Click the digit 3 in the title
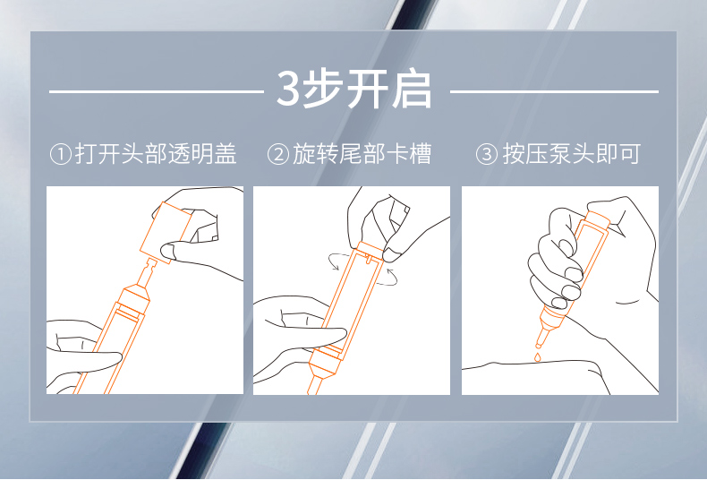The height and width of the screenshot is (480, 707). [x=287, y=89]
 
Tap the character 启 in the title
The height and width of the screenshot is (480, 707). [x=412, y=89]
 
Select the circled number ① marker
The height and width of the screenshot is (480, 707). [x=61, y=154]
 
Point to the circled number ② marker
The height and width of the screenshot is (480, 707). [x=278, y=154]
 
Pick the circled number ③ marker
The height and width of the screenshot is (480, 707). [x=487, y=154]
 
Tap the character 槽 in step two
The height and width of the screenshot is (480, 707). [x=420, y=154]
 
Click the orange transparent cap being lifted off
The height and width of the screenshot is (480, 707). [x=166, y=232]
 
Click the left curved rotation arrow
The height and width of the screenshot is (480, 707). [x=337, y=261]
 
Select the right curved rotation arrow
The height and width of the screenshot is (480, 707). [x=388, y=278]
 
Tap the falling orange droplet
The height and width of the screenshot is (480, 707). [x=537, y=357]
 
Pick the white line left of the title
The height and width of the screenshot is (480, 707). [x=157, y=91]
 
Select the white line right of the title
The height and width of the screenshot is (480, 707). [x=554, y=91]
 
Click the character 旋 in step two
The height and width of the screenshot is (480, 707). [x=304, y=154]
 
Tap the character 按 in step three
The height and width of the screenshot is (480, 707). [x=514, y=154]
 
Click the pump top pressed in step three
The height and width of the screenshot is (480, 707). [x=597, y=219]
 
